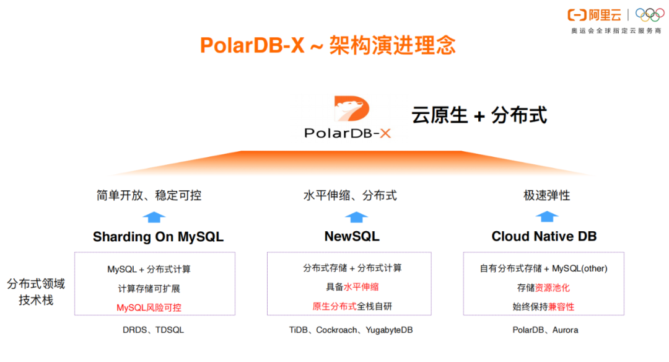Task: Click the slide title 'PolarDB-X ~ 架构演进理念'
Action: (328, 45)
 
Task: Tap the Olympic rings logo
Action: (649, 15)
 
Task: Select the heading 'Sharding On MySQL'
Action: (158, 237)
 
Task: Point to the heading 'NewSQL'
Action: (352, 237)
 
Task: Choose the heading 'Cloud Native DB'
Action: (544, 237)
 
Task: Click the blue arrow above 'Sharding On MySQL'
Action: (154, 216)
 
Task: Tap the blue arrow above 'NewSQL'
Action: (356, 216)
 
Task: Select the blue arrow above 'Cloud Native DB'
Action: (547, 216)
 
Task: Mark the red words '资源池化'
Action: (553, 288)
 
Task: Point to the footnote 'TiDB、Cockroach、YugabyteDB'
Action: (351, 330)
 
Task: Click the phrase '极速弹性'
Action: (546, 196)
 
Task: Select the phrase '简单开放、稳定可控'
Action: (149, 196)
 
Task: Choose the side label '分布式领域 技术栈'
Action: (36, 292)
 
